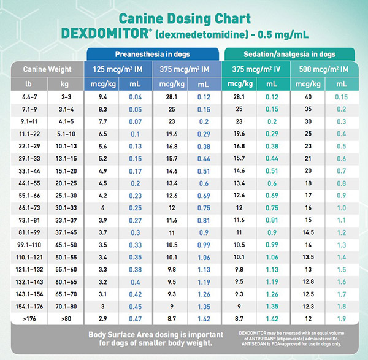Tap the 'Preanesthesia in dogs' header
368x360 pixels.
click(153, 54)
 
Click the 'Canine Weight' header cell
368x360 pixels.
click(46, 69)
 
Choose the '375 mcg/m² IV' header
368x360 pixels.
click(255, 69)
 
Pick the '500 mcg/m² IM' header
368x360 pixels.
click(324, 69)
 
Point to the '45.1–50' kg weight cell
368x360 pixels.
click(64, 245)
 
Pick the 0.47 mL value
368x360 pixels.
click(136, 319)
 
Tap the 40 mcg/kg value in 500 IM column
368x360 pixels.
click(309, 97)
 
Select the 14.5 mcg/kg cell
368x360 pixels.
click(309, 232)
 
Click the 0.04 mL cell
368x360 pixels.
click(136, 97)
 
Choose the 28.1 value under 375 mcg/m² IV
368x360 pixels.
click(239, 97)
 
